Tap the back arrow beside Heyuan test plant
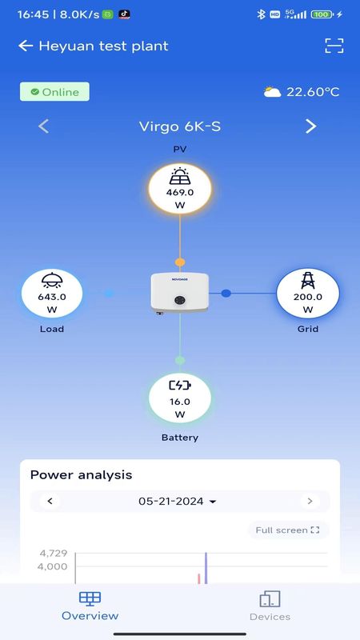click(26, 46)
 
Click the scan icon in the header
click(334, 46)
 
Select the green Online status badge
click(54, 92)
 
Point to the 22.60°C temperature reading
click(313, 92)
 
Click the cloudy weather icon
click(272, 91)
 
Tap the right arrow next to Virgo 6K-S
click(311, 126)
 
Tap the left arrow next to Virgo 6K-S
click(44, 126)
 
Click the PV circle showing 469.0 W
click(180, 189)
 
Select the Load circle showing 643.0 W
click(52, 294)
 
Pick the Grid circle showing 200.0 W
click(308, 294)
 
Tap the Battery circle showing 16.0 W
click(180, 398)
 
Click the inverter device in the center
click(179, 293)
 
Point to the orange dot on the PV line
click(180, 262)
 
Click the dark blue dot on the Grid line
click(226, 293)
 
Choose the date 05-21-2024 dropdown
click(177, 502)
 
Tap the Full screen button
click(287, 530)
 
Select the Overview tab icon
click(90, 598)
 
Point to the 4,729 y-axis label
click(54, 554)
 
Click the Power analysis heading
click(82, 474)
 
